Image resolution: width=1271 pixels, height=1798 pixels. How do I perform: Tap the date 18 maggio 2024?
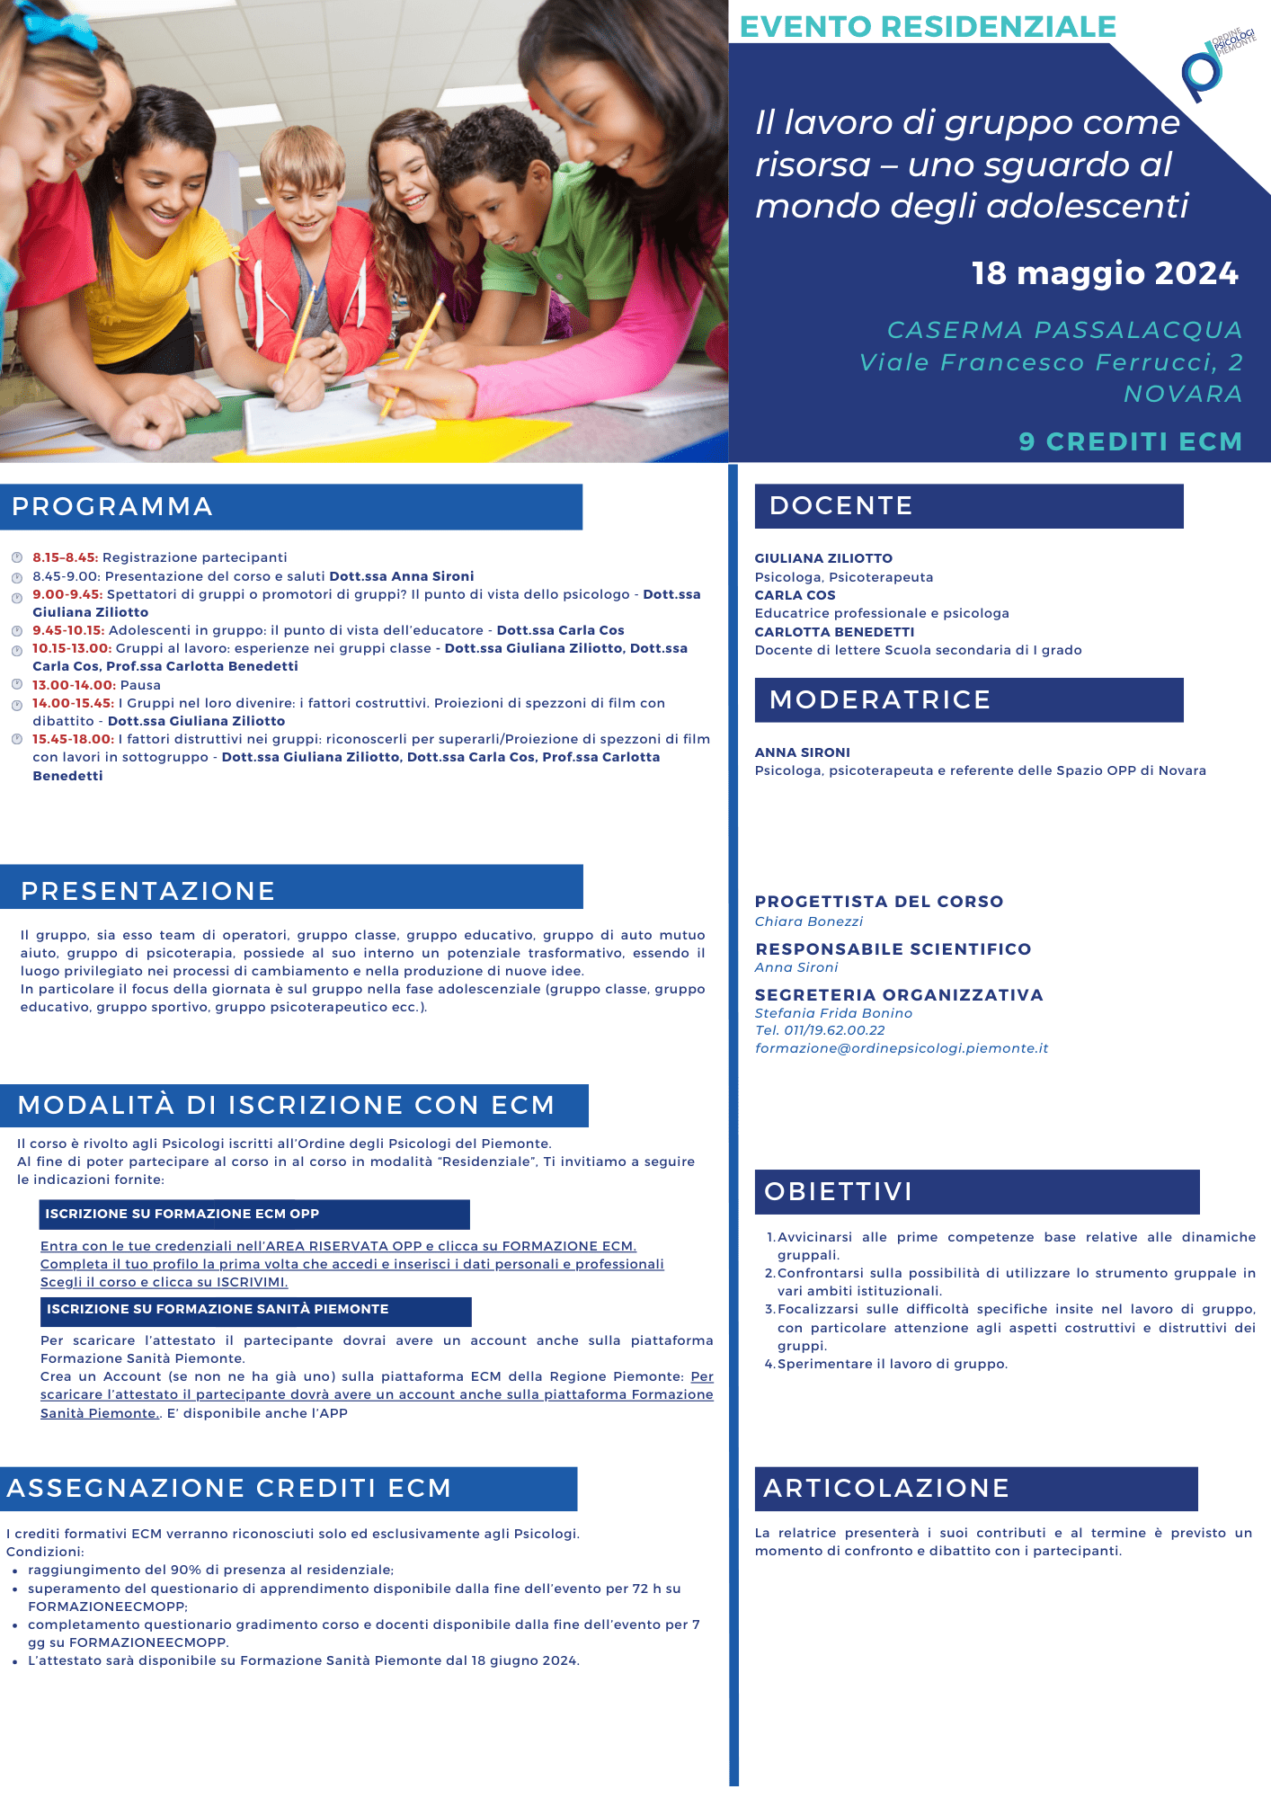pos(1104,273)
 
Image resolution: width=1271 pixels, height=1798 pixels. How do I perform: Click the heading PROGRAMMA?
pos(112,507)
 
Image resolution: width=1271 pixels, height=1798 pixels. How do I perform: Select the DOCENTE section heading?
pos(840,506)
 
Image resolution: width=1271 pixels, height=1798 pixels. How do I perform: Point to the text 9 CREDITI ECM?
pos(1130,441)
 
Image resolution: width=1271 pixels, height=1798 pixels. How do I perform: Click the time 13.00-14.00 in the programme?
pos(74,685)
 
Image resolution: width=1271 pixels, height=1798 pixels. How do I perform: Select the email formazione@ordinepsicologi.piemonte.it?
pos(902,1048)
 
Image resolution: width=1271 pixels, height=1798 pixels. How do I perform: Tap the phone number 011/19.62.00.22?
pos(834,1030)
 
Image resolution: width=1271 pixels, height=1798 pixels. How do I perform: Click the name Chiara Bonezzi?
pos(809,921)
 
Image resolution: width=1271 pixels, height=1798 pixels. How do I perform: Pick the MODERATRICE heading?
pos(880,700)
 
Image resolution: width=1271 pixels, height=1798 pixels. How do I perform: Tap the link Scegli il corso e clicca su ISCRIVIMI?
pos(164,1282)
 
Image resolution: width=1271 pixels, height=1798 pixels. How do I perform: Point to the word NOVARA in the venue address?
pos(1183,394)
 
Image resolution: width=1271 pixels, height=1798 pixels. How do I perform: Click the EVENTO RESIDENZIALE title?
pos(928,27)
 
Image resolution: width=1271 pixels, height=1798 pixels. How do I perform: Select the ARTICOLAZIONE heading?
pos(886,1489)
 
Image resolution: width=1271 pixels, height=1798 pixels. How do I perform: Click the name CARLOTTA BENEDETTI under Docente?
pos(834,632)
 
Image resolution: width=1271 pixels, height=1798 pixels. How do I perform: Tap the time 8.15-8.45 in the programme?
pos(65,557)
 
